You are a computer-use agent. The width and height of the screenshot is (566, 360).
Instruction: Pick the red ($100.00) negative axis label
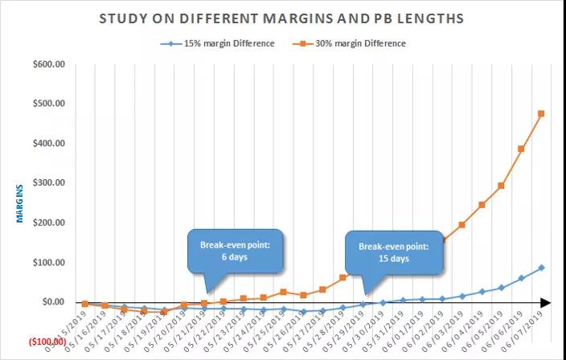point(46,342)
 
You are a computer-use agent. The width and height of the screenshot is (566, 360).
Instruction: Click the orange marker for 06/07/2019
point(541,113)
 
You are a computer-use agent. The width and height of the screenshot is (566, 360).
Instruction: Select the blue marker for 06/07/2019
point(541,268)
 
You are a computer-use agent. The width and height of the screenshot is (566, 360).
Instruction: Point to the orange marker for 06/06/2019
point(521,149)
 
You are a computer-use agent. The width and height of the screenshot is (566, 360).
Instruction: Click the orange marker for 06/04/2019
point(482,205)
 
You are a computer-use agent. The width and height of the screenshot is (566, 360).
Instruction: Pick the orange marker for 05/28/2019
point(343,277)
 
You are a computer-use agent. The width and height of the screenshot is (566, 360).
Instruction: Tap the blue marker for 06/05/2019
point(501,288)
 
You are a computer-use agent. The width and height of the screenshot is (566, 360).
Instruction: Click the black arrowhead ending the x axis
point(545,303)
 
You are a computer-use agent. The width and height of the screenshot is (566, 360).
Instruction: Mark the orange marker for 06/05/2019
point(501,186)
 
